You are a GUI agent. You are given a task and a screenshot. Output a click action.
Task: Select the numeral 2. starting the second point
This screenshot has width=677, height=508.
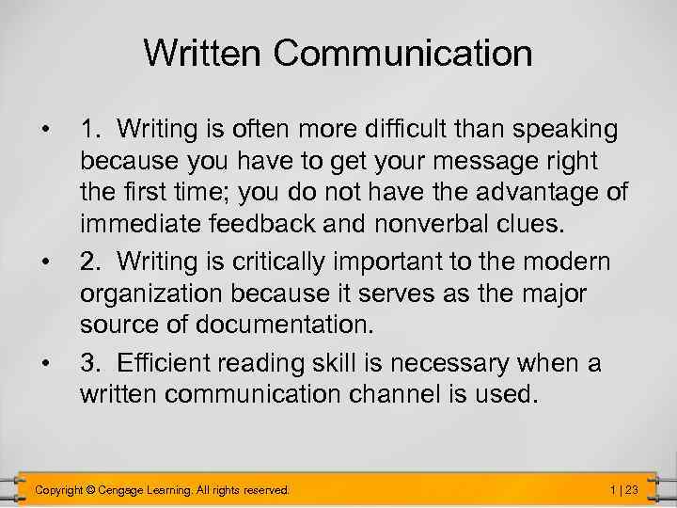(x=90, y=261)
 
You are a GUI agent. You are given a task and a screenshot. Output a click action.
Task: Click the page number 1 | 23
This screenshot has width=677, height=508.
(x=624, y=489)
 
